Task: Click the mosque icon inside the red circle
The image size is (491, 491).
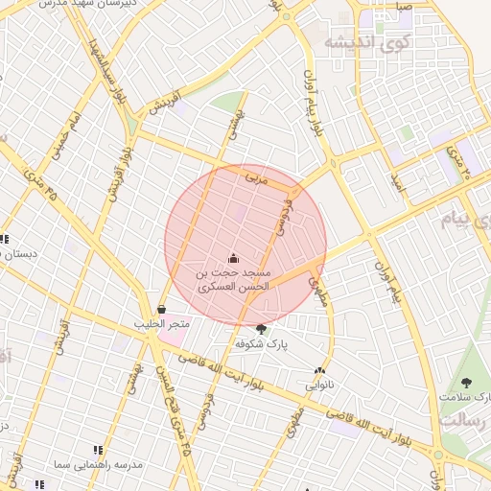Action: [x=234, y=257]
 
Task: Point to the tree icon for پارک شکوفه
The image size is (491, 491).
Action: [x=262, y=328]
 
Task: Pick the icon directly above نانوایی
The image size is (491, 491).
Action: [x=319, y=371]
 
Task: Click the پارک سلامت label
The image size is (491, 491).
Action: [x=465, y=396]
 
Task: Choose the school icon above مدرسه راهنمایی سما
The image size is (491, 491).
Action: [x=97, y=449]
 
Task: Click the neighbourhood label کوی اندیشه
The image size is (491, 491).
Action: [x=367, y=41]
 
